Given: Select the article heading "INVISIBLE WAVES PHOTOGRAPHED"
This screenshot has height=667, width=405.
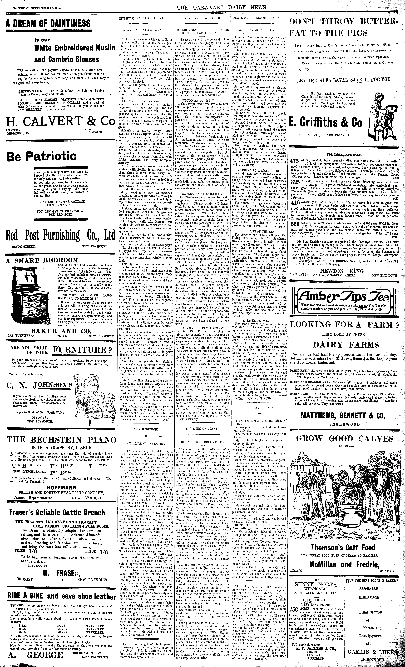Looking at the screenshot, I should tap(145, 18).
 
